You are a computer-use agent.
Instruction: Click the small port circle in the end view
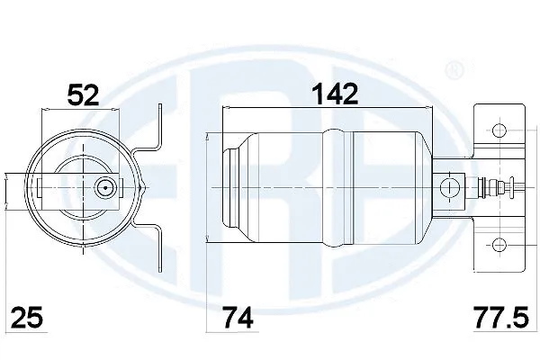point(105,188)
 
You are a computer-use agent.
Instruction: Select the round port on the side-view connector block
point(445,188)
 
